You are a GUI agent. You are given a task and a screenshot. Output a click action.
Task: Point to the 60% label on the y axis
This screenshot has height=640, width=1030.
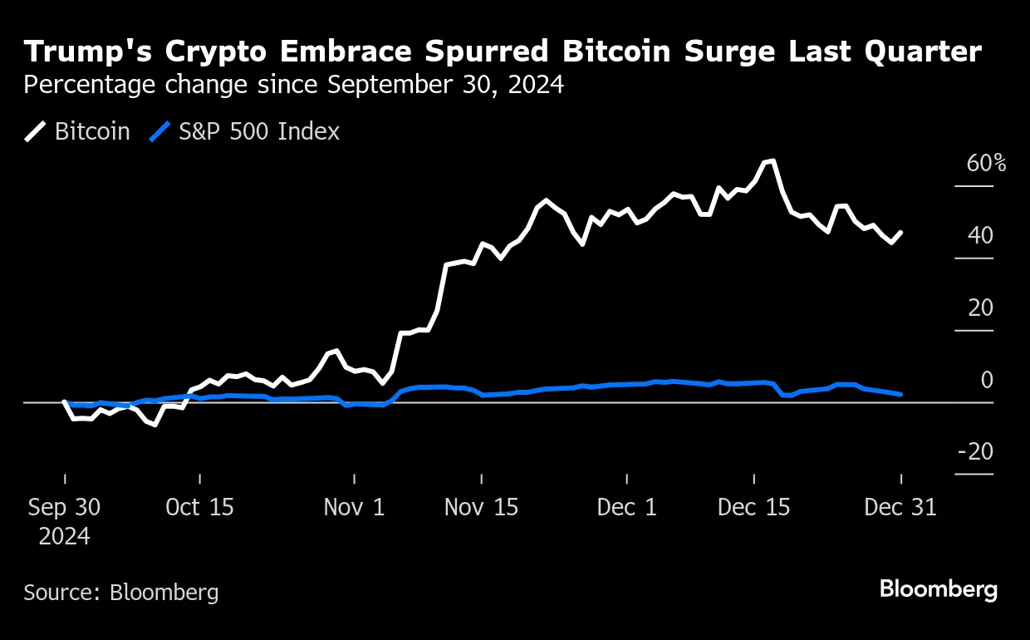pyautogui.click(x=986, y=163)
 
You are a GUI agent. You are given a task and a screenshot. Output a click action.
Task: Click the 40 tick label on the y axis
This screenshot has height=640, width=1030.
pyautogui.click(x=980, y=235)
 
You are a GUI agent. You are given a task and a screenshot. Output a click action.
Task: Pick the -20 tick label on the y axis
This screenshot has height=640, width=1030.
pyautogui.click(x=975, y=451)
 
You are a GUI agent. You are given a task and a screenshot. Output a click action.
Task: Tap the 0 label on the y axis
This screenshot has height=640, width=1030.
pyautogui.click(x=987, y=380)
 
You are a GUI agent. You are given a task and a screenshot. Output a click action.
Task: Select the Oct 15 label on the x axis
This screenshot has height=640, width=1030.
pyautogui.click(x=199, y=507)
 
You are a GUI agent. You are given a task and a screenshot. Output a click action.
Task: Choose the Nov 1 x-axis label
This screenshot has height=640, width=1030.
pyautogui.click(x=354, y=507)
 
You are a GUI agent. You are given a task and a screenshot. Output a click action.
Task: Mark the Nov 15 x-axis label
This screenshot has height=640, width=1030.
pyautogui.click(x=482, y=507)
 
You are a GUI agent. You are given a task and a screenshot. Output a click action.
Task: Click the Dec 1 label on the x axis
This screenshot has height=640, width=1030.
pyautogui.click(x=626, y=507)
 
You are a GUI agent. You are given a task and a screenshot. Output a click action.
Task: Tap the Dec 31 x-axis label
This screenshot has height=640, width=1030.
pyautogui.click(x=901, y=507)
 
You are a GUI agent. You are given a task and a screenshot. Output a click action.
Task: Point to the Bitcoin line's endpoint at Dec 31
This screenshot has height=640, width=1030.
pyautogui.click(x=901, y=233)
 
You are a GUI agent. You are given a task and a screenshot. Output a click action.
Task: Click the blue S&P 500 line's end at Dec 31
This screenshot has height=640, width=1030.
pyautogui.click(x=901, y=394)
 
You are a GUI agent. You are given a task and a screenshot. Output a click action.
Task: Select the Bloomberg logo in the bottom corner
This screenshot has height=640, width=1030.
pyautogui.click(x=938, y=590)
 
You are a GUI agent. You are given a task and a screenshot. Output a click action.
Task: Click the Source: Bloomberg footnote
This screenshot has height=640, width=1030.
pyautogui.click(x=121, y=593)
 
